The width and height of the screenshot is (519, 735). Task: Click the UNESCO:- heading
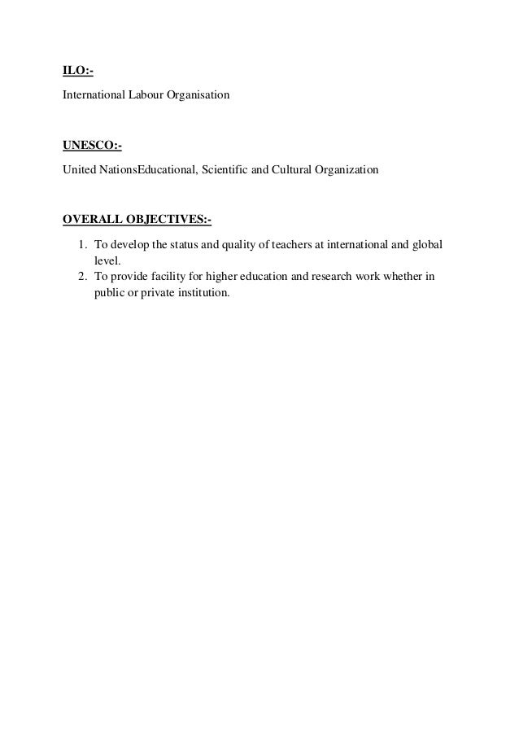pyautogui.click(x=92, y=147)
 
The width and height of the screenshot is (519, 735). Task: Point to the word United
pyautogui.click(x=78, y=171)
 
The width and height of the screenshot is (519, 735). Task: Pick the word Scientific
pyautogui.click(x=229, y=171)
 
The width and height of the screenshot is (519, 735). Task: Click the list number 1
pyautogui.click(x=82, y=245)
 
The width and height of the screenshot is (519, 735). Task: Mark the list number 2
pyautogui.click(x=82, y=277)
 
